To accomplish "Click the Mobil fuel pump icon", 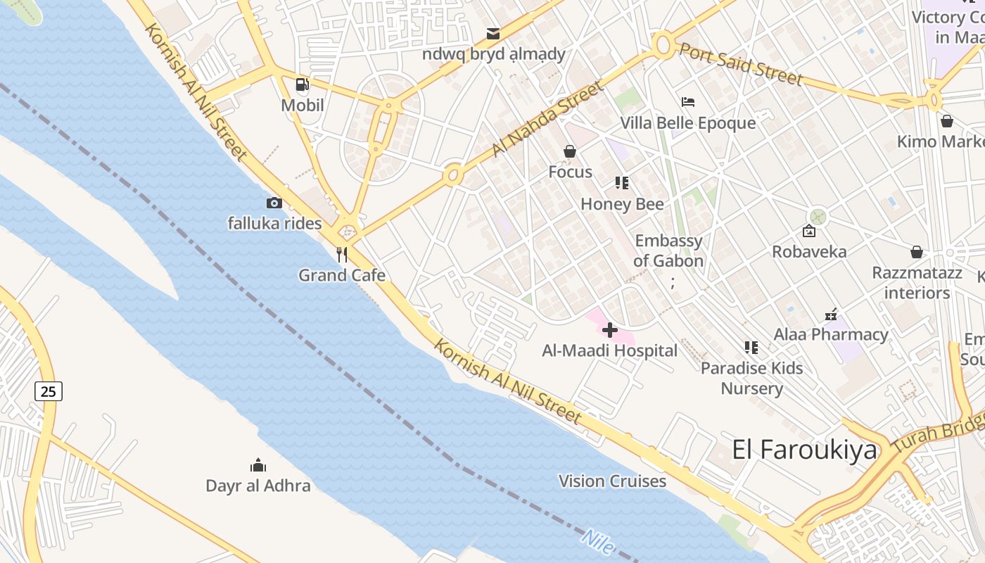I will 302,85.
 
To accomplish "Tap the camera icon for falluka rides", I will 274,203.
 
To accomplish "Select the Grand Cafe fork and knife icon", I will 342,254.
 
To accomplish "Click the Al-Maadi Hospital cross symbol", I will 610,329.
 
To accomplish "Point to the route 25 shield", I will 49,391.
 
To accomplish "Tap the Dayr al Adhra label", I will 258,486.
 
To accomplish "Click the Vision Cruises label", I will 612,481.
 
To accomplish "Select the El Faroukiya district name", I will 805,450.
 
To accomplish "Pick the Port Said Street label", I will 740,64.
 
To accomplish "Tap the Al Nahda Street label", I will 547,119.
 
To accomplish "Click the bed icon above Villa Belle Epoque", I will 688,103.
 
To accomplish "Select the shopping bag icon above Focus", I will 570,151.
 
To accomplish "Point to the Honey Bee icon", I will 622,184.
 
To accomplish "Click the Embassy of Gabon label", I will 668,251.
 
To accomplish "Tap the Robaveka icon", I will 809,231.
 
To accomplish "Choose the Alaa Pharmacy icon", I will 831,314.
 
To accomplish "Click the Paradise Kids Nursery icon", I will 751,348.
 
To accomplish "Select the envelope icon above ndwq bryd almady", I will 493,34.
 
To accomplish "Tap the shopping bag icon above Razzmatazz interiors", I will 917,252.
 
